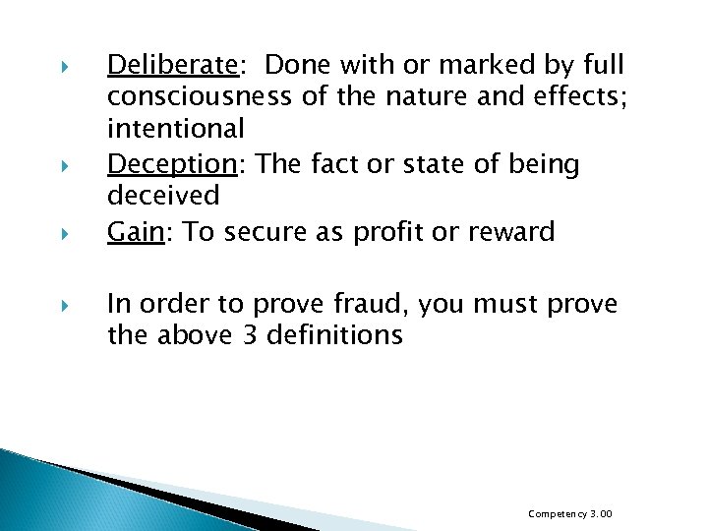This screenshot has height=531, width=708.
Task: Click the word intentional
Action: click(x=176, y=129)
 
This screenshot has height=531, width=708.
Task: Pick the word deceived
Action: click(x=163, y=196)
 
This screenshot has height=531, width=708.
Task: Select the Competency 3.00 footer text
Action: click(x=570, y=513)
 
